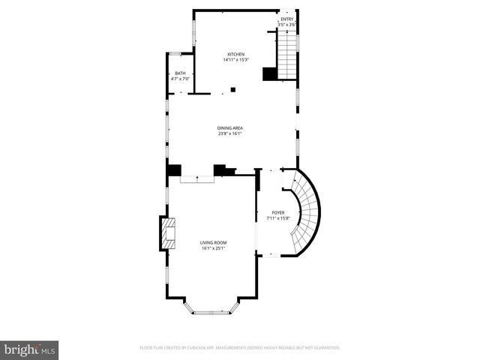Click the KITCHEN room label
236,54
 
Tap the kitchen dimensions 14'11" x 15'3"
236,60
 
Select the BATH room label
180,73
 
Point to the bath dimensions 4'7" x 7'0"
180,78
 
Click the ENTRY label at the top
287,19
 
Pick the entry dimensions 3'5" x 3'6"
287,25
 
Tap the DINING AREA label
230,127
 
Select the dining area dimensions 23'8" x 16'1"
230,133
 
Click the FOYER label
278,212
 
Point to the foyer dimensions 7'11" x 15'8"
278,218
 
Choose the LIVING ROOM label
213,242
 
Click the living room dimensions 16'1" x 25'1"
213,248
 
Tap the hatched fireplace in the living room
166,233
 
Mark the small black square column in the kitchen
233,90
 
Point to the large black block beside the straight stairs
269,73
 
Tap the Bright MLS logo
29,349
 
